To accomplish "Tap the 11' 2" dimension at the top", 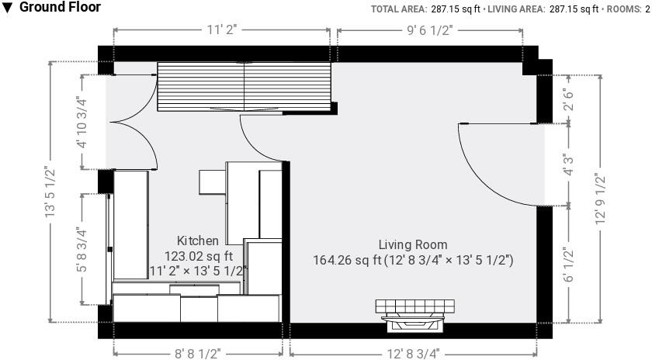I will pyautogui.click(x=221, y=29).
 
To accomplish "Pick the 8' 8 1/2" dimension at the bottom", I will pyautogui.click(x=197, y=353).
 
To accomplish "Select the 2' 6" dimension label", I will pyautogui.click(x=570, y=97).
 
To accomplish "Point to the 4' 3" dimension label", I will pyautogui.click(x=570, y=167).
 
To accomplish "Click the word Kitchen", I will pyautogui.click(x=197, y=241).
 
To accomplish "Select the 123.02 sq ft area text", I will pyautogui.click(x=198, y=255).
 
